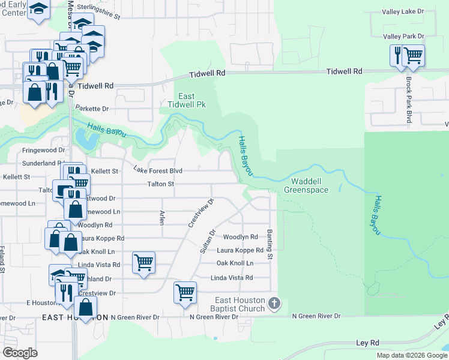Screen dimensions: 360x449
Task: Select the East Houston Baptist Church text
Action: (240, 304)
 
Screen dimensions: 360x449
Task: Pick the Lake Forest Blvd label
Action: (157, 170)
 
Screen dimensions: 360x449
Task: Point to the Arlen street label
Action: (161, 217)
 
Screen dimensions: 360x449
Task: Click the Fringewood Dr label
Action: (43, 150)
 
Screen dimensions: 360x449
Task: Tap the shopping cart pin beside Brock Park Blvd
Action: (413, 56)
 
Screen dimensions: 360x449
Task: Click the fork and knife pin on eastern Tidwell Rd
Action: (396, 56)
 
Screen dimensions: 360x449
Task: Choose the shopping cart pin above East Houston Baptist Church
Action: (185, 293)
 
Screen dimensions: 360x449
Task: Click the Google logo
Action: (20, 352)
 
